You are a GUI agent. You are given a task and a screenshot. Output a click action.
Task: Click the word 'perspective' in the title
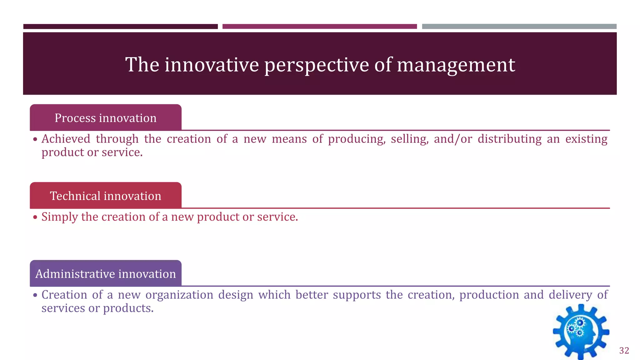pyautogui.click(x=316, y=65)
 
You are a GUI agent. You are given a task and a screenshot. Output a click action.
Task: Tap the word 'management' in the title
pyautogui.click(x=456, y=65)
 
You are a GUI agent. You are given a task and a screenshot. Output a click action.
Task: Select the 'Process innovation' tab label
pyautogui.click(x=106, y=118)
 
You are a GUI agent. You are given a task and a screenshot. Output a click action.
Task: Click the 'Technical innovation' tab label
pyautogui.click(x=106, y=196)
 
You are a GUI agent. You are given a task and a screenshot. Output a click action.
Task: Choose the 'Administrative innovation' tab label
pyautogui.click(x=106, y=274)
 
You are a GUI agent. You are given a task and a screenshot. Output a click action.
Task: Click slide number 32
pyautogui.click(x=624, y=351)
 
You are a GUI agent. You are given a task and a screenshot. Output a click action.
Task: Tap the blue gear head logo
pyautogui.click(x=581, y=332)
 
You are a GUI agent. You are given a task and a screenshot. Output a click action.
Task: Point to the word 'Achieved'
pyautogui.click(x=66, y=139)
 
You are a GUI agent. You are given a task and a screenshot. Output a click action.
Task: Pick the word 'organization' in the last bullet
pyautogui.click(x=179, y=295)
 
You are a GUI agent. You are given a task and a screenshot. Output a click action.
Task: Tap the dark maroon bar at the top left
pyautogui.click(x=120, y=27)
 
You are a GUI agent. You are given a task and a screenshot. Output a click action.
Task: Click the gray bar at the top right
pyautogui.click(x=519, y=27)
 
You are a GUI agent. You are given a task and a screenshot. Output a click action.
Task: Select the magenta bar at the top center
pyautogui.click(x=319, y=27)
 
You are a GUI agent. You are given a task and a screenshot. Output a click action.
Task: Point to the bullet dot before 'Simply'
pyautogui.click(x=35, y=217)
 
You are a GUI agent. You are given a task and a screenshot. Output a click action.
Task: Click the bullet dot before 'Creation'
pyautogui.click(x=35, y=295)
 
